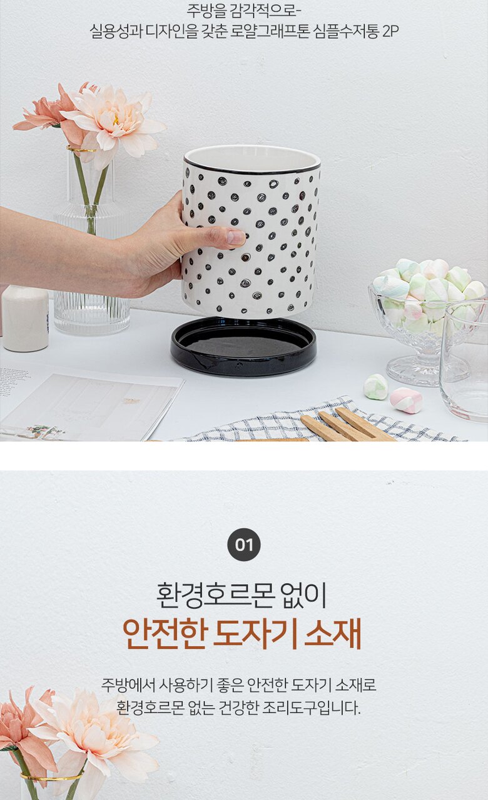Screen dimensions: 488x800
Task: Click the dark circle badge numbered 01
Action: tap(244, 544)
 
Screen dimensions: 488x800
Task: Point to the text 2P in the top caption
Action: tap(390, 32)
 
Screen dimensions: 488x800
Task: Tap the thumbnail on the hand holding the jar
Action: tap(236, 237)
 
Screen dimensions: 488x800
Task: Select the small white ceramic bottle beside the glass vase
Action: tap(25, 318)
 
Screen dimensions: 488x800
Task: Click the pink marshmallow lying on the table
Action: tap(406, 401)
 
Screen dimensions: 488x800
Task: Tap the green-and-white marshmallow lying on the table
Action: tap(376, 387)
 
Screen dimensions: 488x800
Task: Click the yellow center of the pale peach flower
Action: tap(116, 119)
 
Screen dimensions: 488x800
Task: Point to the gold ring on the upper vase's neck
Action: tap(81, 149)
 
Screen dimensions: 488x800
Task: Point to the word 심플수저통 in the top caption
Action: tap(346, 32)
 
